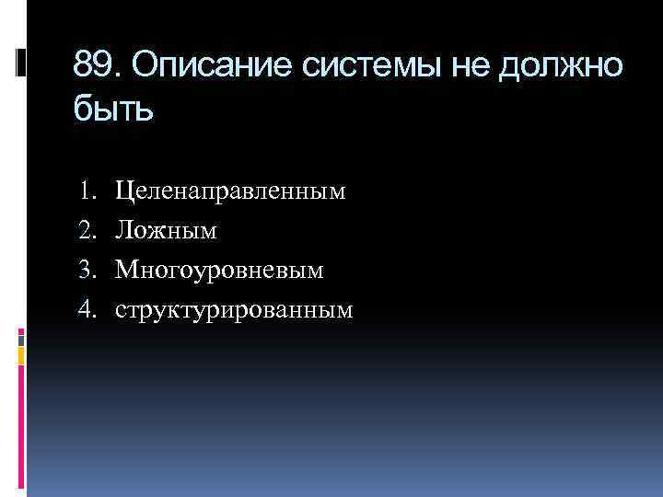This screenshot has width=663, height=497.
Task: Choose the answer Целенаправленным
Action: [230, 191]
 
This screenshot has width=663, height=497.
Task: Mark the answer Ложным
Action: [166, 231]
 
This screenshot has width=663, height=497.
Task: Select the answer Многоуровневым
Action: [220, 271]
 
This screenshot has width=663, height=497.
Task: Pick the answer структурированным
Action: [234, 310]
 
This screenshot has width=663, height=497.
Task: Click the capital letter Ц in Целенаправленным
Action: [123, 191]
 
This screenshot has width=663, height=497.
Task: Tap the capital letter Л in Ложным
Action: [123, 231]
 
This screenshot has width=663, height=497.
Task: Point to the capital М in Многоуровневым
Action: [125, 271]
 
